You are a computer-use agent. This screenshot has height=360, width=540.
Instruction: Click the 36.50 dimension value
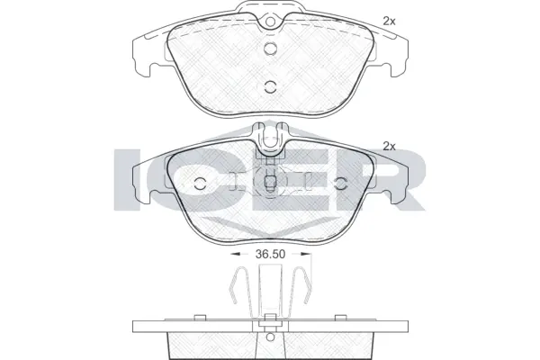click(270, 254)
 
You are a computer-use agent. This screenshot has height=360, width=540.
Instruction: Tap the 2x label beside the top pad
click(389, 22)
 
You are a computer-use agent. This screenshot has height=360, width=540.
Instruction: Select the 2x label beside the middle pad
click(389, 147)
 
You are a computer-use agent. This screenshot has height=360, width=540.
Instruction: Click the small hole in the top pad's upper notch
click(270, 22)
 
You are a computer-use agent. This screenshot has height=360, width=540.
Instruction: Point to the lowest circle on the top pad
click(270, 86)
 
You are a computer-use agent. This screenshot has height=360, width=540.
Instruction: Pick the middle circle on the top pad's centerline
click(270, 49)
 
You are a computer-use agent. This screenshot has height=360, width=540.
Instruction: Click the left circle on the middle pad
click(200, 184)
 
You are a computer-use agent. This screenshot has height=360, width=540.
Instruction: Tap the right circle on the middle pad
click(341, 184)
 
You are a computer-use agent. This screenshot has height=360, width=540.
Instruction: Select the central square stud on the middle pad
click(270, 182)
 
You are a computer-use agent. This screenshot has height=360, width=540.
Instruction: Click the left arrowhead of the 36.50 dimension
click(235, 254)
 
